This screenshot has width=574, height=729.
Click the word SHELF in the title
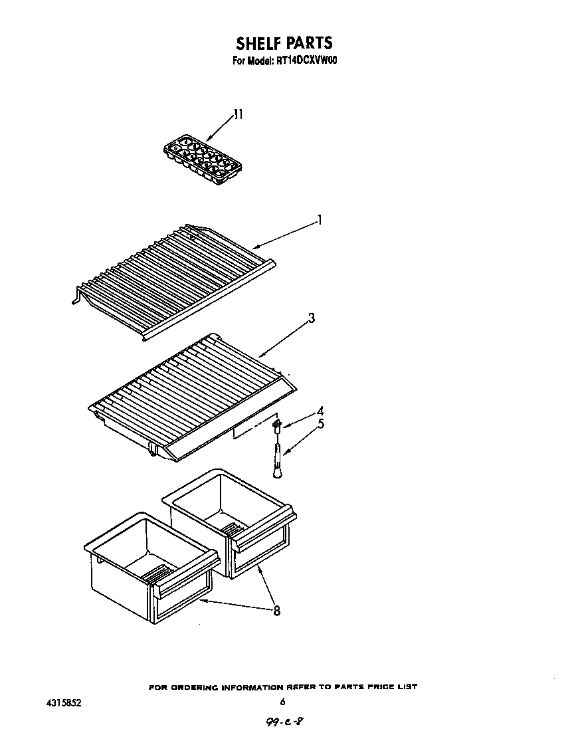coord(258,43)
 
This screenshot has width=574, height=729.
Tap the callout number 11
coord(238,115)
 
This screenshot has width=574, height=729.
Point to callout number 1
coord(320,220)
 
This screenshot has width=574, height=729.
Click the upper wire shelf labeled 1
coord(173,279)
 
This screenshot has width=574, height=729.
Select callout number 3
coord(312,318)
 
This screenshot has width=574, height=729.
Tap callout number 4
coord(320,411)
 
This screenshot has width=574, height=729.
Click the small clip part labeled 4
coord(277,423)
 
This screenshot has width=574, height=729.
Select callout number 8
coord(276,611)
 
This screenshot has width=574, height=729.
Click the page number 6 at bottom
coord(282,702)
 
